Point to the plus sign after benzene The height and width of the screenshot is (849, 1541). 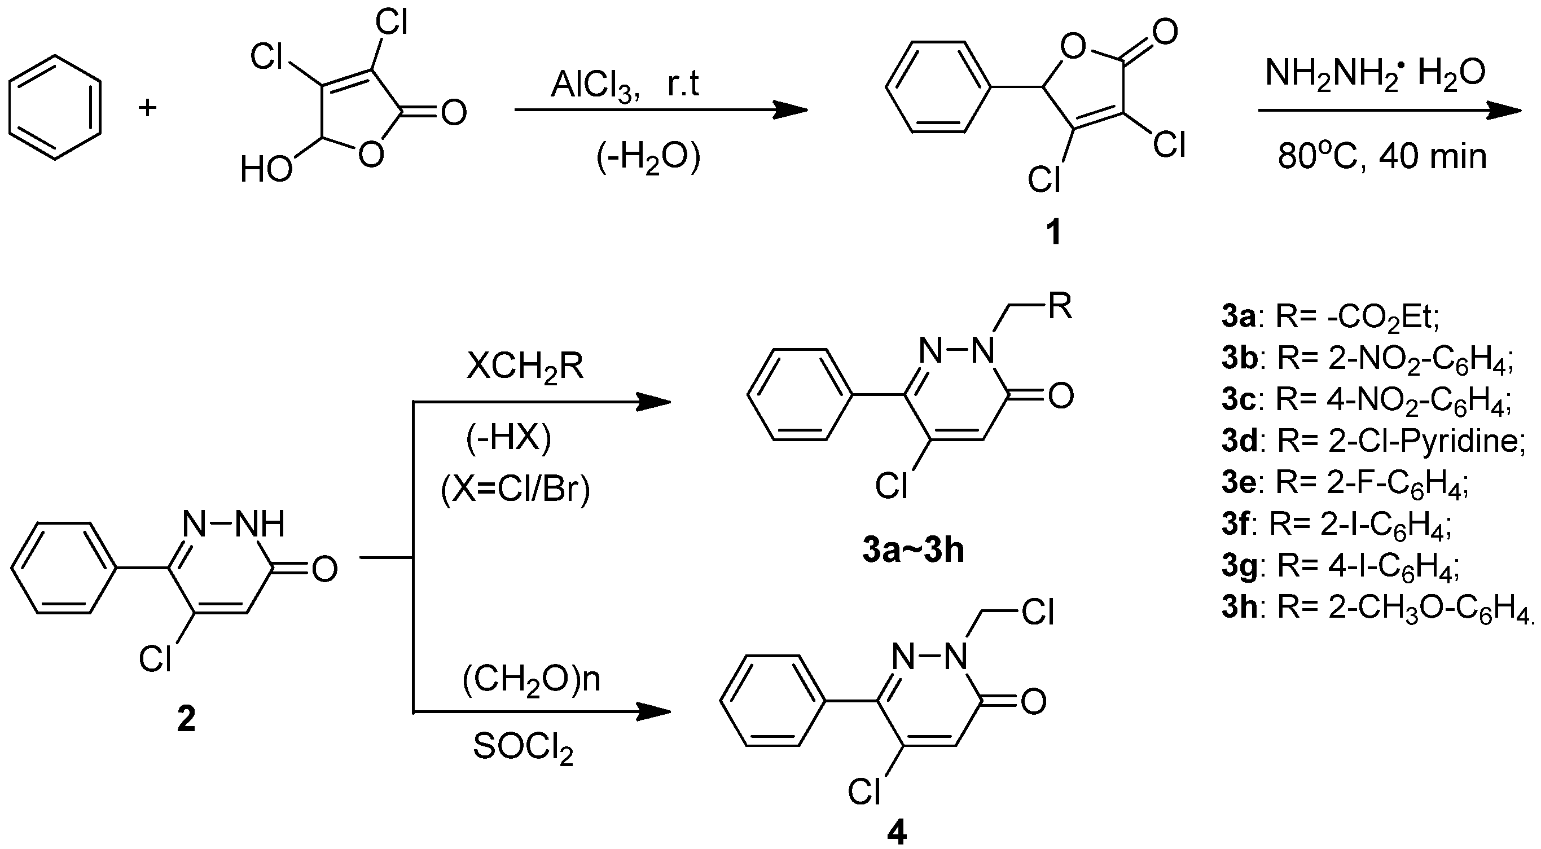147,108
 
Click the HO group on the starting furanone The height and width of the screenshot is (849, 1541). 266,169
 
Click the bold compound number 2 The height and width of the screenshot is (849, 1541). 186,719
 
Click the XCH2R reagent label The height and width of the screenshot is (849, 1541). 525,366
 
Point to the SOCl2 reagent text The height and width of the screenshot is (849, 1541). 523,748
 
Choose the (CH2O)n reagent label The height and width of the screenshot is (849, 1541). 531,680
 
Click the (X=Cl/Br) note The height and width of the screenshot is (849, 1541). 515,491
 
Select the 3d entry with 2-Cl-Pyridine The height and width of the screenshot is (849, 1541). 1373,441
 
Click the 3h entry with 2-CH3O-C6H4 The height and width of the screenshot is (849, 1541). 1380,608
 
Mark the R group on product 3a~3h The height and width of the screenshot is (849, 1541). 1060,307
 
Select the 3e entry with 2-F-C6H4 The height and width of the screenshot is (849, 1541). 1345,483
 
